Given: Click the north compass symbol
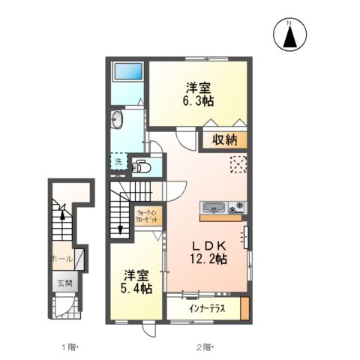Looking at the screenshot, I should click(x=289, y=34).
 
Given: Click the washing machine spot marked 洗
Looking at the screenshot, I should click(x=118, y=161).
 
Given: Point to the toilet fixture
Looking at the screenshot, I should click(x=142, y=166).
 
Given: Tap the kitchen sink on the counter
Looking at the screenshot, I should click(x=214, y=206).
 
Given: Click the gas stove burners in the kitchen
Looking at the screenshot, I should click(x=237, y=206).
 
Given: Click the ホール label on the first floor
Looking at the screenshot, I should click(x=61, y=259).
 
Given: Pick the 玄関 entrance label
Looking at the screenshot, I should click(x=64, y=283).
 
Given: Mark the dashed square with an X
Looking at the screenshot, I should click(x=238, y=164).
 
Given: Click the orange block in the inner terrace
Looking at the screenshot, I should click(x=244, y=308).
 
